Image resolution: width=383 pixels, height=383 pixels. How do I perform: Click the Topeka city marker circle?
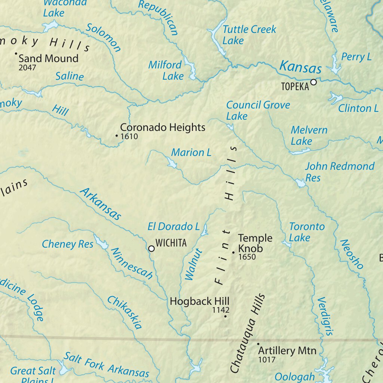click(314, 82)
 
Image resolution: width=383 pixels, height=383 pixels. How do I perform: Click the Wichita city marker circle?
click(151, 248)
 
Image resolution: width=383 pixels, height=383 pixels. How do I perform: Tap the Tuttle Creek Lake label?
click(249, 35)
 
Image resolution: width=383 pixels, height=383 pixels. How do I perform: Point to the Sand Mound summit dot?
click(16, 54)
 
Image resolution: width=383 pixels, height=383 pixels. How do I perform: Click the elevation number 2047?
click(27, 68)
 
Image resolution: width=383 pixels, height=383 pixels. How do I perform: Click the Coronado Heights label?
click(163, 127)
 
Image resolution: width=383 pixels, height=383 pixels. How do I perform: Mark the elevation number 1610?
click(129, 137)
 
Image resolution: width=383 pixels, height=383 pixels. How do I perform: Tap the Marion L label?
click(191, 152)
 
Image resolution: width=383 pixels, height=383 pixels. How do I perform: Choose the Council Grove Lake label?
click(257, 110)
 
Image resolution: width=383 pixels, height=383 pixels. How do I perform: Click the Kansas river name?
click(300, 67)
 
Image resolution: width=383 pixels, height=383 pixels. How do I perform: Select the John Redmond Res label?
click(339, 171)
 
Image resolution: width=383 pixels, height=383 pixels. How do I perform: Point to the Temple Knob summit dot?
click(233, 253)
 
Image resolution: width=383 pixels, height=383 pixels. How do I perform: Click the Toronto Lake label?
click(307, 232)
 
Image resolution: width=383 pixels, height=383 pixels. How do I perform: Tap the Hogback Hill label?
click(199, 301)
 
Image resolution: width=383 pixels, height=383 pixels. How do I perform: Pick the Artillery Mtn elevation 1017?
click(267, 360)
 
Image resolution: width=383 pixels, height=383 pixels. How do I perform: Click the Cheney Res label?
click(67, 244)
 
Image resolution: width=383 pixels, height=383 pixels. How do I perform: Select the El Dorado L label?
click(174, 226)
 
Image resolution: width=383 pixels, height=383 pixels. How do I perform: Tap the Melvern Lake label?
click(309, 135)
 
